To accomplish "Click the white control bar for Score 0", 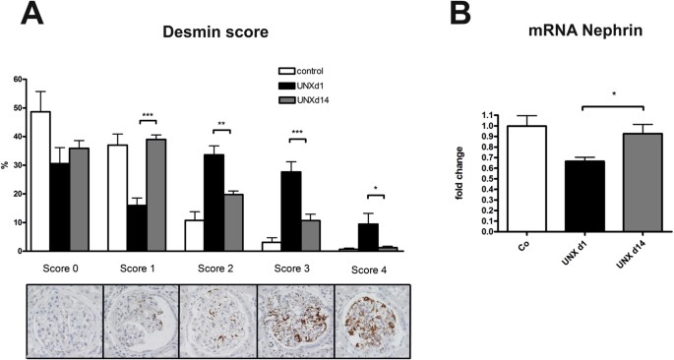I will (40, 182).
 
